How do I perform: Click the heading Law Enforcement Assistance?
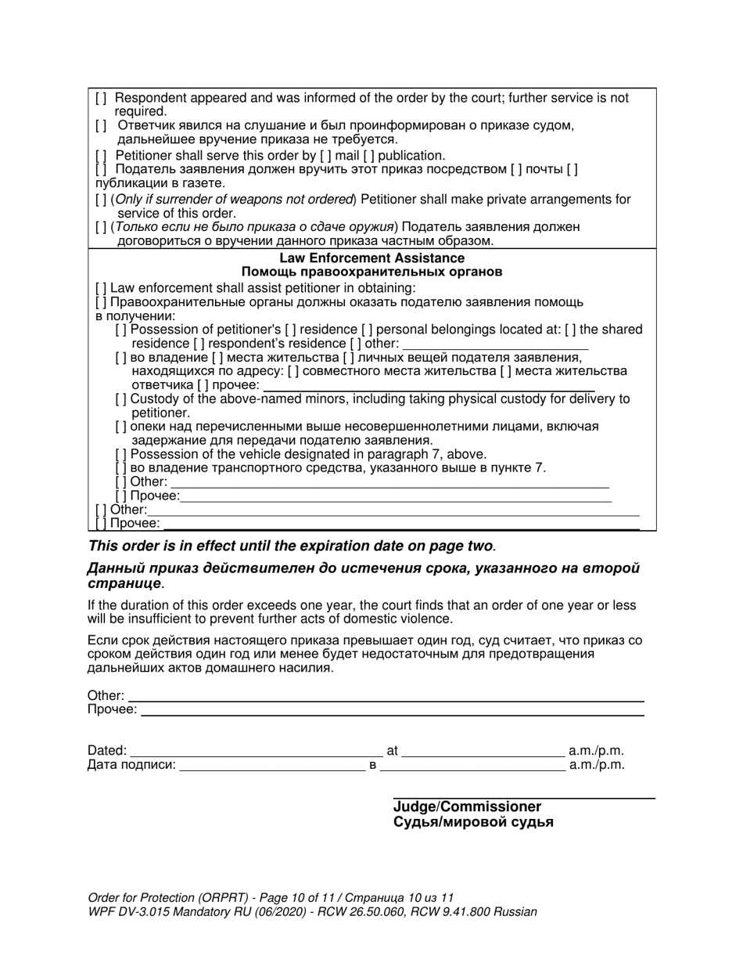[x=371, y=258]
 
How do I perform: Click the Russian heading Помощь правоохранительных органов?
[x=371, y=272]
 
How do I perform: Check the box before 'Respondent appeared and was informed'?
[x=101, y=99]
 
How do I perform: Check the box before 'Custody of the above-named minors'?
[x=121, y=399]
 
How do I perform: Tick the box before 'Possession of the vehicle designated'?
[x=121, y=454]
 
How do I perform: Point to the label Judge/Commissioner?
[x=467, y=807]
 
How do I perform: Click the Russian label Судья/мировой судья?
[x=473, y=822]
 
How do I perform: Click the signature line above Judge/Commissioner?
[x=523, y=797]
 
